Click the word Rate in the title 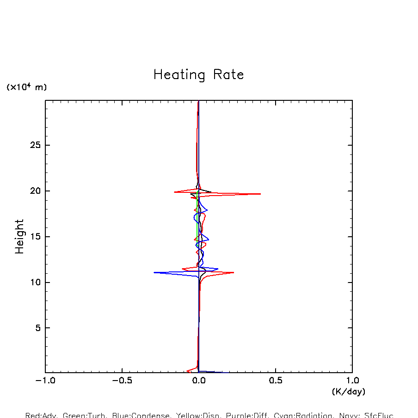pyautogui.click(x=228, y=74)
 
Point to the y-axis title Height pyautogui.click(x=19, y=236)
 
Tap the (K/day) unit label pyautogui.click(x=349, y=392)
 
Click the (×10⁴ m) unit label pyautogui.click(x=26, y=87)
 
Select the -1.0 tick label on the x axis pyautogui.click(x=45, y=381)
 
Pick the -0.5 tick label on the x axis pyautogui.click(x=122, y=381)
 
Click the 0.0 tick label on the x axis pyautogui.click(x=199, y=381)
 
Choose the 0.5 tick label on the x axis pyautogui.click(x=276, y=381)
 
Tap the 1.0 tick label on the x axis pyautogui.click(x=352, y=381)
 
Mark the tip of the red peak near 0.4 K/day pyautogui.click(x=260, y=194)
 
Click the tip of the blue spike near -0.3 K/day pyautogui.click(x=154, y=272)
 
